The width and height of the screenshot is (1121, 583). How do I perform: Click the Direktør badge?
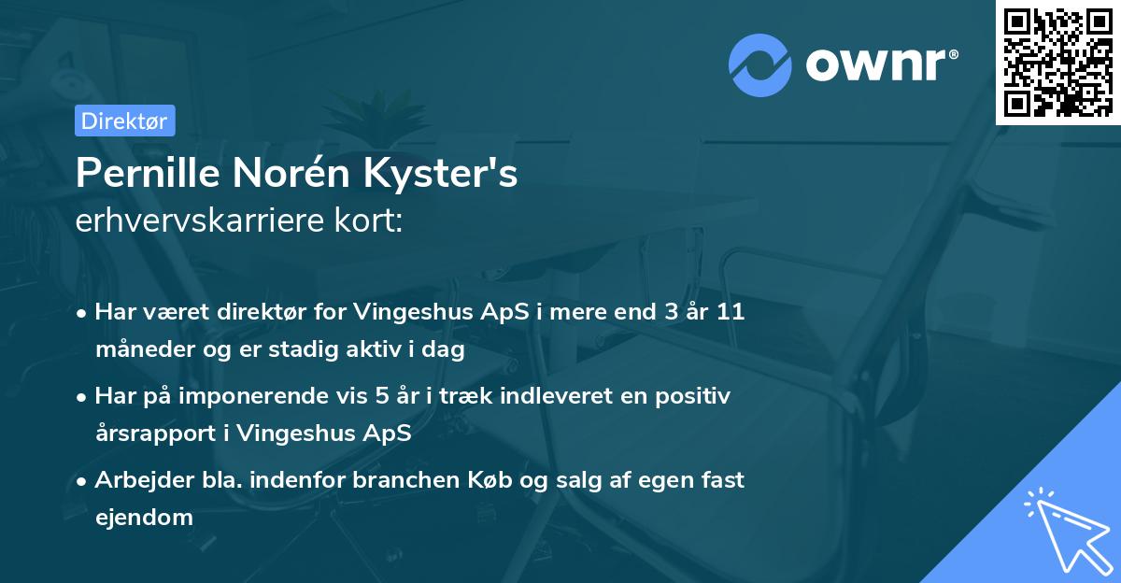tap(124, 121)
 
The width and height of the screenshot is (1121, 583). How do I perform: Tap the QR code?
tap(1057, 62)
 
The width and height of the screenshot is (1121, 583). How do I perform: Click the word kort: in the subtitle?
tap(370, 220)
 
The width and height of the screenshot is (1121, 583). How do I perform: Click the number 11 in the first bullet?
tap(731, 312)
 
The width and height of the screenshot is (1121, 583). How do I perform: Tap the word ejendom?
tap(144, 518)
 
